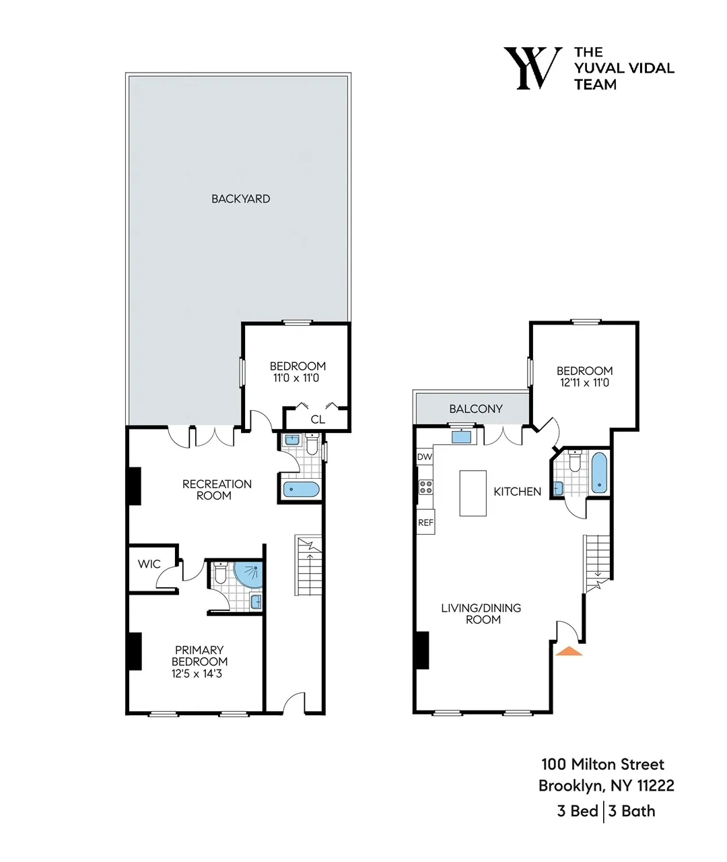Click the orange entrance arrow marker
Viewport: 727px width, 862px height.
coord(569,651)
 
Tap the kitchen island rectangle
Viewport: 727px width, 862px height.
coord(473,493)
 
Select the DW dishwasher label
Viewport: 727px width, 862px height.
coord(424,457)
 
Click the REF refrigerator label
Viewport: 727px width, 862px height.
coord(425,523)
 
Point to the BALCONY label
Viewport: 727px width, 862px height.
coord(475,409)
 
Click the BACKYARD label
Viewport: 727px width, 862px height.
coord(240,199)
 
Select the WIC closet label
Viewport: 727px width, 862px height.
coord(149,564)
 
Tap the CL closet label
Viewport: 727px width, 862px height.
coord(318,420)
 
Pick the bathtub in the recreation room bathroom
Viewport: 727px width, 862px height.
coord(301,490)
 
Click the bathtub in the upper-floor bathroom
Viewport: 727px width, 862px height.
coord(599,473)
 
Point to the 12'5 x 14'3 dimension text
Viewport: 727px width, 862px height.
coord(197,673)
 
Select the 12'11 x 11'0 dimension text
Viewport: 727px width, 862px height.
coord(584,383)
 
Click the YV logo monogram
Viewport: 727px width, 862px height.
coord(533,68)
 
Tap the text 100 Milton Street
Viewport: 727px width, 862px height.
coord(602,764)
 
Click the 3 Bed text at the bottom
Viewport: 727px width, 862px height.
coord(578,811)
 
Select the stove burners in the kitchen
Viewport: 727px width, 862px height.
coord(425,487)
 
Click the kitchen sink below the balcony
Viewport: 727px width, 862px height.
coord(461,436)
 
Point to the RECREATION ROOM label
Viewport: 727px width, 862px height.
coord(216,490)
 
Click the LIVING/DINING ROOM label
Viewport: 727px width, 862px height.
coord(481,614)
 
